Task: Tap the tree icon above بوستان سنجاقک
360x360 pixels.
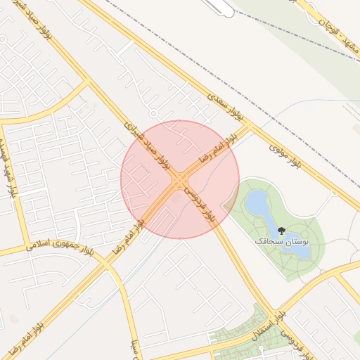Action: point(281,230)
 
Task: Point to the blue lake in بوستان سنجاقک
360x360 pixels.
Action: point(257,204)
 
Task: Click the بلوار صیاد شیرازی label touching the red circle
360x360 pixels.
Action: point(148,145)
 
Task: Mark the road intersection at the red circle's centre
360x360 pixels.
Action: point(179,179)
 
